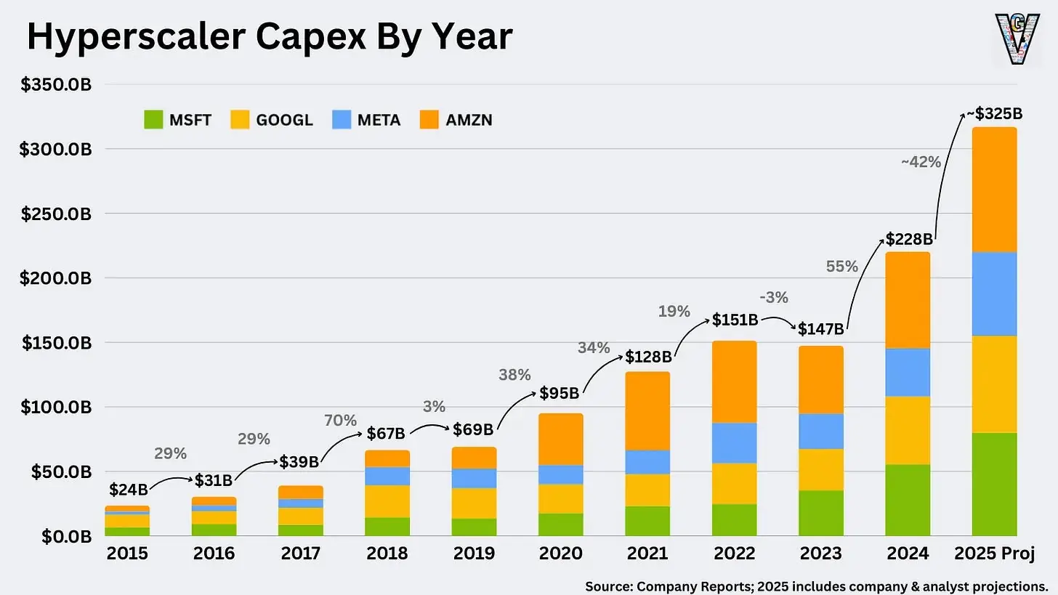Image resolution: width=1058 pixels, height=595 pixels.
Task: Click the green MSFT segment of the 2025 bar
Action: point(994,484)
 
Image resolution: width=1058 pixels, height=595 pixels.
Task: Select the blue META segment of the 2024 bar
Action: point(908,372)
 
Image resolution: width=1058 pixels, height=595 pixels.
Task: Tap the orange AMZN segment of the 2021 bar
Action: point(647,411)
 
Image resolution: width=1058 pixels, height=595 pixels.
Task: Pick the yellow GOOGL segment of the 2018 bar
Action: point(387,501)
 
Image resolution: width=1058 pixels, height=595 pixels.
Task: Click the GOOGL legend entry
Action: point(272,120)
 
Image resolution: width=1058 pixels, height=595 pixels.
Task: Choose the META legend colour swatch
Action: point(342,120)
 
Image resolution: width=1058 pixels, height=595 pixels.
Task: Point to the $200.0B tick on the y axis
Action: point(57,278)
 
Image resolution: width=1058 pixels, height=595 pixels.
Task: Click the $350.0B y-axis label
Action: point(57,85)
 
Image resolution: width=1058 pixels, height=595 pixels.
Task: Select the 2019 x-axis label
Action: point(474,554)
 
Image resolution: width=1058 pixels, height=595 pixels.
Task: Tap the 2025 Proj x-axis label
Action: point(994,554)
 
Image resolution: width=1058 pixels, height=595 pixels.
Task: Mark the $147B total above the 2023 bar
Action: point(821,329)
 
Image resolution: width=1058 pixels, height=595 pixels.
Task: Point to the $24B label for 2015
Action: point(129,490)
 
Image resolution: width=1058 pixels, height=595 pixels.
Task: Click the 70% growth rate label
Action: point(340,421)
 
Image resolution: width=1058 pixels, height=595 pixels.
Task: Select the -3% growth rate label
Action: point(773,297)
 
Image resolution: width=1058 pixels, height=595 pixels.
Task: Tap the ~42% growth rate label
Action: point(921,163)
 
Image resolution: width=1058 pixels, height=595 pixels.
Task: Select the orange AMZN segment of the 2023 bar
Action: point(821,380)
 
